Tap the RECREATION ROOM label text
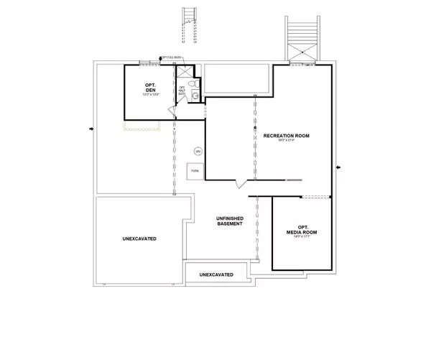tap(285, 135)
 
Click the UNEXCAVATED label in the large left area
tap(139, 238)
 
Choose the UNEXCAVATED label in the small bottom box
tap(215, 274)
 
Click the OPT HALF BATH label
tap(182, 90)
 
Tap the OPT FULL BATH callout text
tap(172, 57)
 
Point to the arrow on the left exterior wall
tap(91, 129)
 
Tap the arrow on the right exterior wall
tap(339, 167)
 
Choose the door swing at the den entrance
tap(171, 110)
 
